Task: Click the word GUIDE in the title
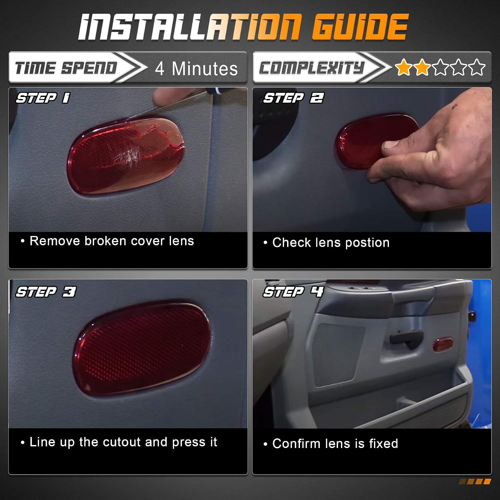coord(360,27)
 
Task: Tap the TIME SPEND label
coord(66,68)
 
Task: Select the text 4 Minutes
coord(196,69)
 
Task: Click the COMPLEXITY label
coord(312,68)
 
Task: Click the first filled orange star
coord(404,67)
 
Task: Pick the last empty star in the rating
coord(477,67)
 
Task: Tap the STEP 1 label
coord(43,98)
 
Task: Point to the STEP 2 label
coord(293,98)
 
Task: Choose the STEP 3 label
coord(46,292)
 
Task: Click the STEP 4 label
coord(293,292)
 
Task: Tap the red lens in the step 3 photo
coord(142,349)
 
